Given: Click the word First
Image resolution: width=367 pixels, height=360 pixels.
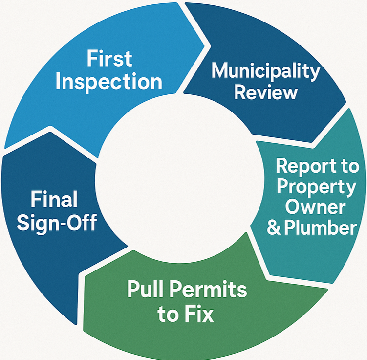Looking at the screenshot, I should pos(109,59).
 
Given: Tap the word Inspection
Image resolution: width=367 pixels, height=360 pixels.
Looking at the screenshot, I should pos(108,82).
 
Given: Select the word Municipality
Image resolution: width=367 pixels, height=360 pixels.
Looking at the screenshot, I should pos(265,71).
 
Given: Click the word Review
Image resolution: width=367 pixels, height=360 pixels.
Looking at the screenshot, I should pos(265,92).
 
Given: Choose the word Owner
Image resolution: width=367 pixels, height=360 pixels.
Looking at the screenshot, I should pos(315,207).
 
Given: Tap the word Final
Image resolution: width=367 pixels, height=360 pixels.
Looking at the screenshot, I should pos(54,200).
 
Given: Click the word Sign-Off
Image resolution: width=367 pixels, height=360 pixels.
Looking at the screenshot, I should pos(57,223).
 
